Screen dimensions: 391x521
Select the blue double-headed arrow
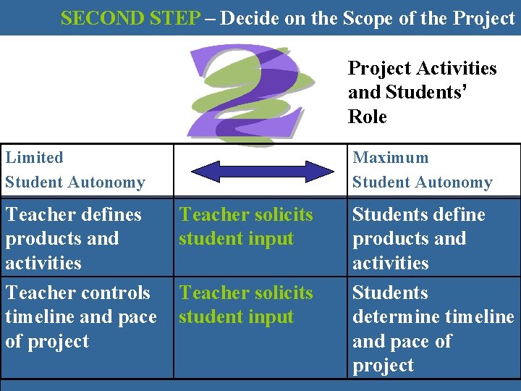(253, 171)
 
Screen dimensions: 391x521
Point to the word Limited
(34, 157)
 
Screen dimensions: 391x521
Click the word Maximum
(390, 157)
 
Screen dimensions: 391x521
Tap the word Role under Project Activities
(368, 117)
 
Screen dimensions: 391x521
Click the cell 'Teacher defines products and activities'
(73, 238)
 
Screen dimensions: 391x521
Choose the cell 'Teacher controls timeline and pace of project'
(80, 316)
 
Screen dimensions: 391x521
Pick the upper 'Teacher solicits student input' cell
(246, 226)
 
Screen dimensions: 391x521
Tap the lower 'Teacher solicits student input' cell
(246, 304)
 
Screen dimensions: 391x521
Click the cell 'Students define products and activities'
(419, 238)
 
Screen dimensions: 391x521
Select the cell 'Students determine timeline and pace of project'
(433, 329)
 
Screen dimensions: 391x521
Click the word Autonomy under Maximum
(458, 182)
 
